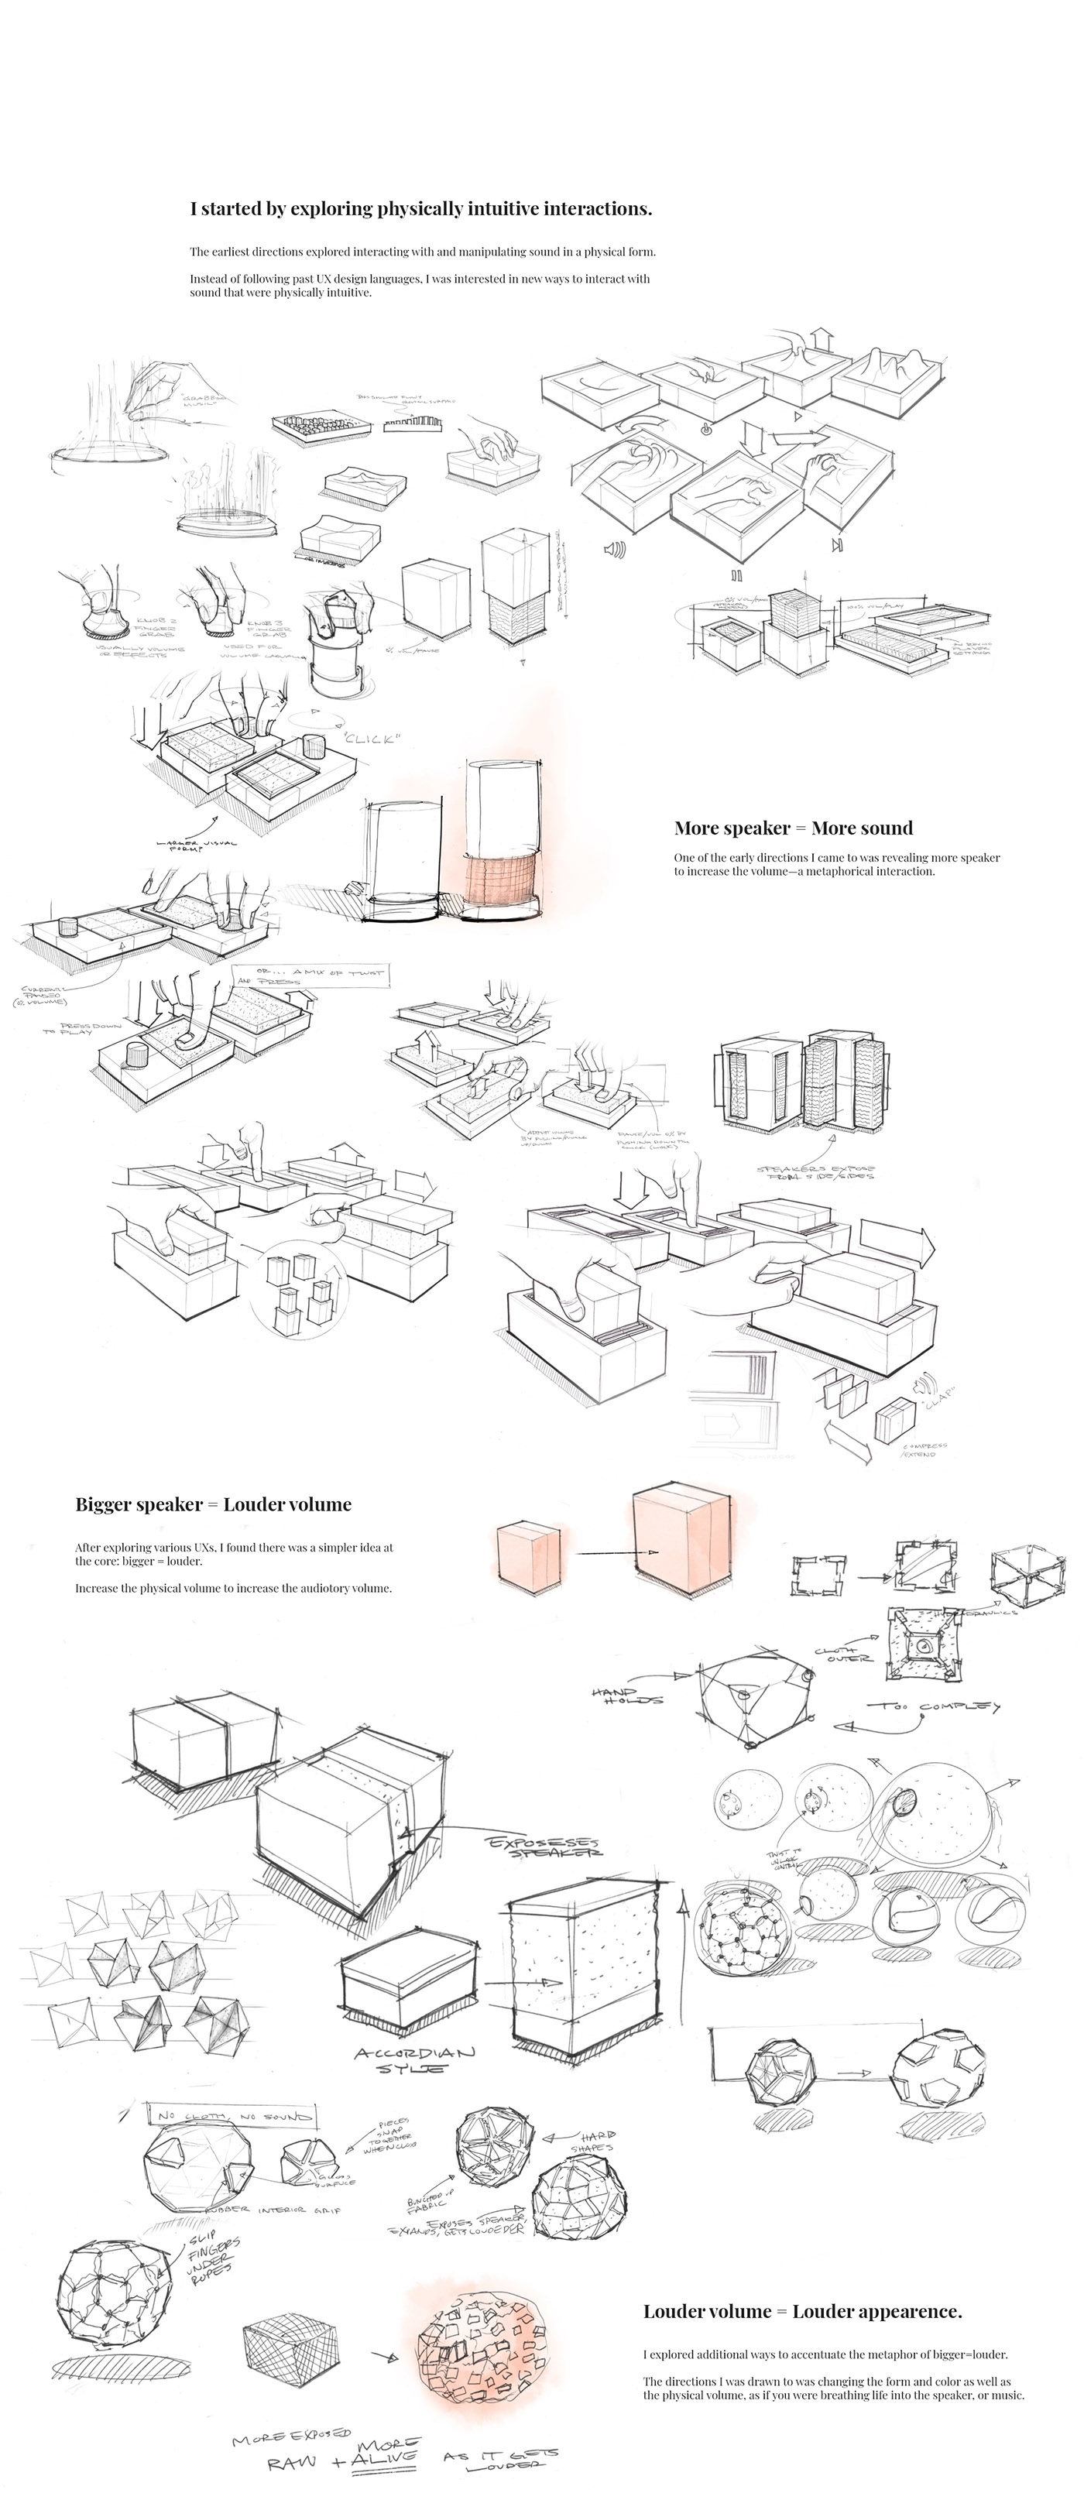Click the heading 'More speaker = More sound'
[793, 828]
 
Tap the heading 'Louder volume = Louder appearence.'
[802, 2311]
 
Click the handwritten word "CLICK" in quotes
[371, 739]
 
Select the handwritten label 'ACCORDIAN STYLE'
[415, 2059]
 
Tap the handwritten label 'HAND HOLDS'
[626, 1695]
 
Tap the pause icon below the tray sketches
[736, 574]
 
